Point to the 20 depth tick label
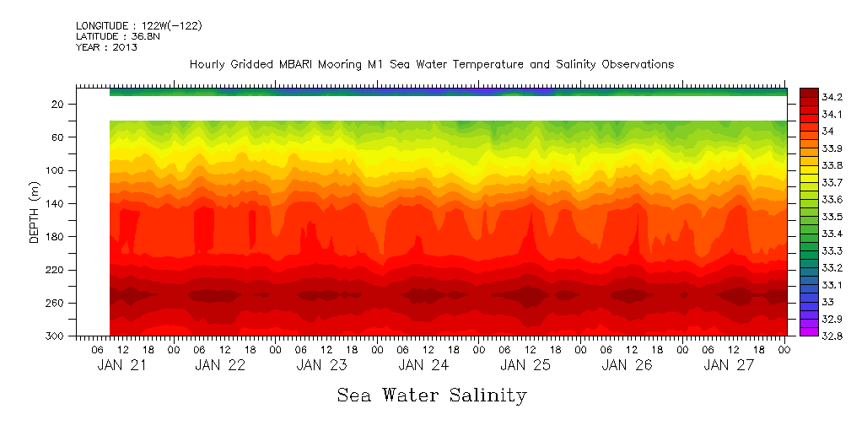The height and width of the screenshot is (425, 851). tap(58, 105)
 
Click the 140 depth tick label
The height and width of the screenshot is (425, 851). tap(56, 204)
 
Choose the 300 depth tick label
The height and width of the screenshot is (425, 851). tap(56, 336)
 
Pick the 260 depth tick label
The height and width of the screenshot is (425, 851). tap(56, 304)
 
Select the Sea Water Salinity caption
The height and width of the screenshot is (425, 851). tap(432, 395)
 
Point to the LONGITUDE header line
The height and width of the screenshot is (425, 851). tap(138, 26)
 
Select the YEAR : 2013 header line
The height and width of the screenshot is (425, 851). tap(106, 48)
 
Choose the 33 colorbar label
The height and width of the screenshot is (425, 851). tap(828, 302)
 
